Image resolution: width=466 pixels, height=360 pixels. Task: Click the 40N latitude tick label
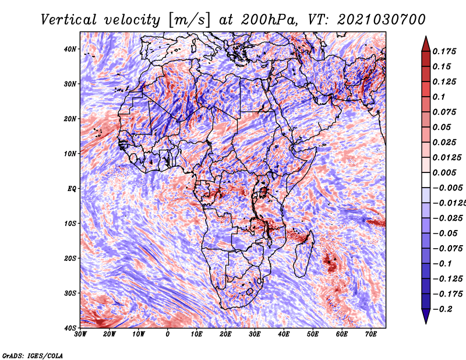[70, 49]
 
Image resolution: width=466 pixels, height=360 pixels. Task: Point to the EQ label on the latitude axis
[72, 189]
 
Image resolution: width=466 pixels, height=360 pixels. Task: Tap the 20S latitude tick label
[70, 258]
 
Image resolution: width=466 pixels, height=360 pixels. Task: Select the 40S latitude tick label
[70, 328]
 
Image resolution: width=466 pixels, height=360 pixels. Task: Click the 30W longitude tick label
[80, 334]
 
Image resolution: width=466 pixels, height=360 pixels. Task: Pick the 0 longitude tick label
[168, 334]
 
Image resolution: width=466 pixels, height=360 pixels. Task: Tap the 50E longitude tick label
[313, 334]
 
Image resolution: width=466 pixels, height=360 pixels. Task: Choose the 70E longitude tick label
[371, 334]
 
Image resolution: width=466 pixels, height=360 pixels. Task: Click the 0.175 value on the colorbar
[444, 51]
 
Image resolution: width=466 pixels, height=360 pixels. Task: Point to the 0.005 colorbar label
[444, 172]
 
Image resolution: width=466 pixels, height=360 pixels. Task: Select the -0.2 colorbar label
[443, 309]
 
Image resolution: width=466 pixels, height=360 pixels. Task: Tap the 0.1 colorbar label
[439, 97]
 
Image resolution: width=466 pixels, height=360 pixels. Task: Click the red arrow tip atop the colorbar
[426, 37]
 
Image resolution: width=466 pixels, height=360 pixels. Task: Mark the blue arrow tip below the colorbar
[426, 323]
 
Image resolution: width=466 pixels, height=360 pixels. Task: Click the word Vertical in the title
[69, 20]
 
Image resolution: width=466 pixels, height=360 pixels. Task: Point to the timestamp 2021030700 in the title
[382, 20]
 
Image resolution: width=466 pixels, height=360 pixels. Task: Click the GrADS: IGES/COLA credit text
[33, 355]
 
